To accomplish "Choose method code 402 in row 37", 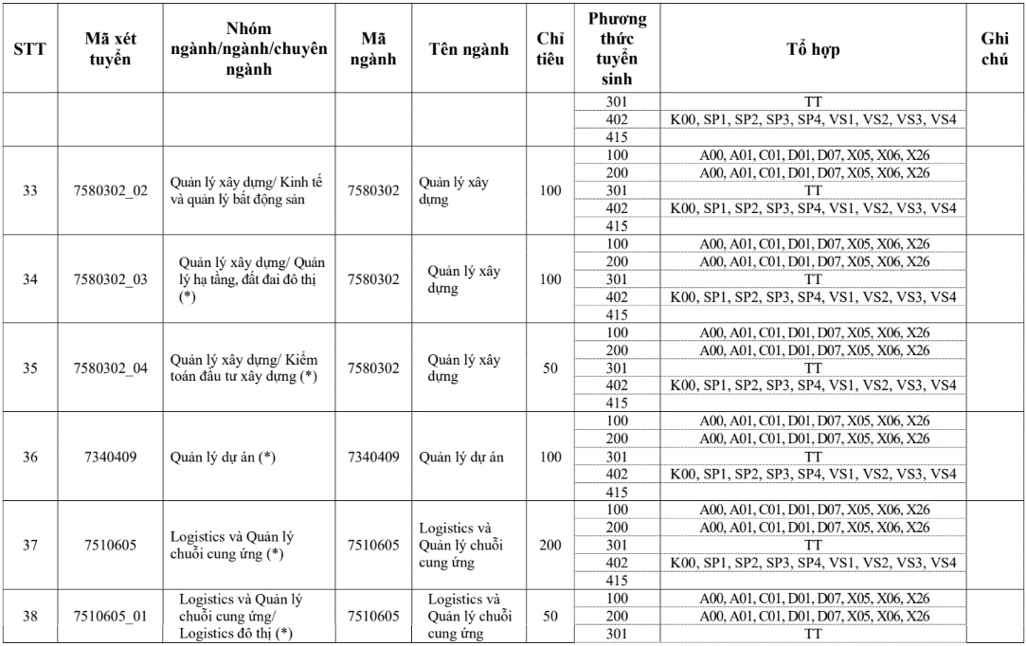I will [616, 563].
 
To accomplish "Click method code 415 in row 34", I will [616, 314].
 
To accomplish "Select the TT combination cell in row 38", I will [812, 634].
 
